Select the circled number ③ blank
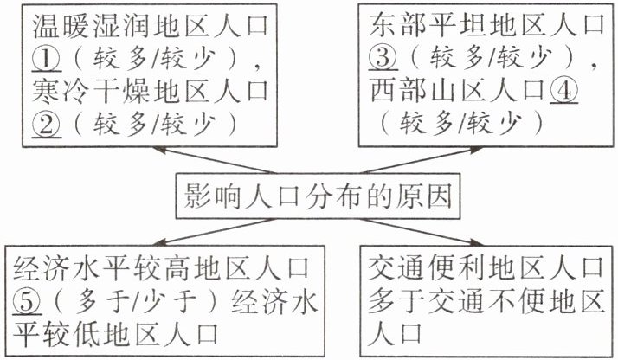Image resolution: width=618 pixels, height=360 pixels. pos(382,59)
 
